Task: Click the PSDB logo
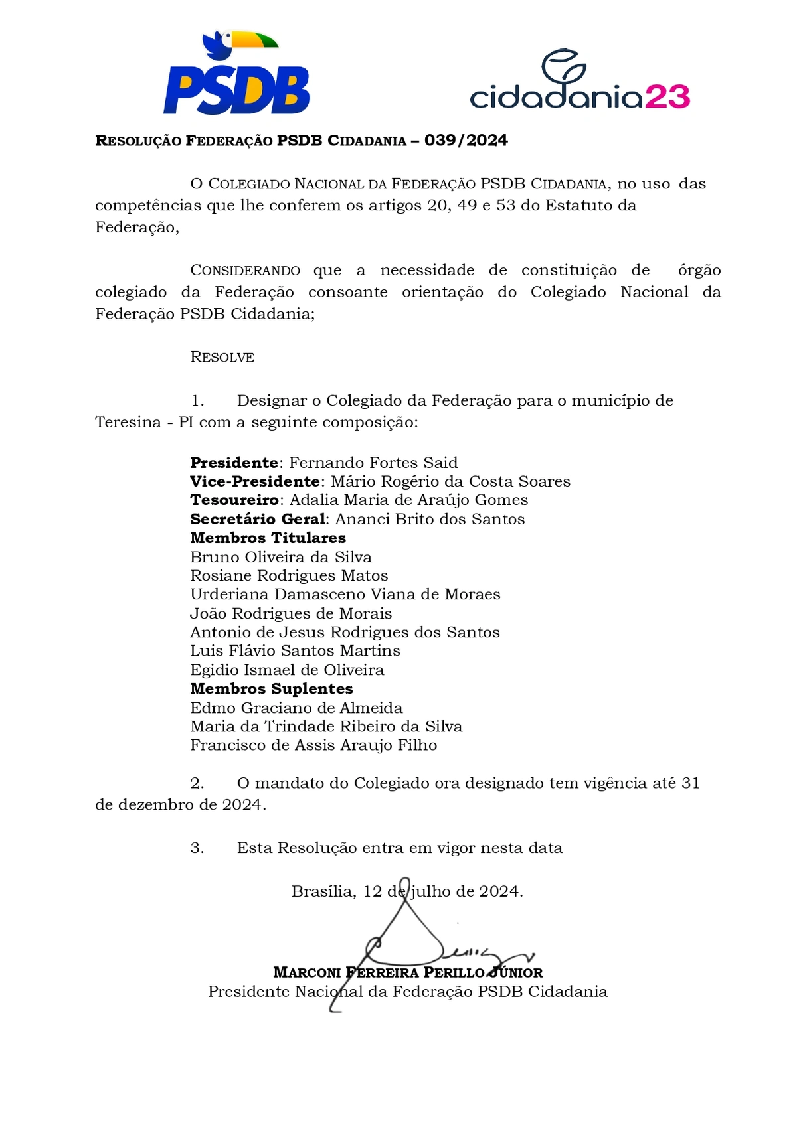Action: point(237,90)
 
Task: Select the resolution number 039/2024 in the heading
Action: point(466,141)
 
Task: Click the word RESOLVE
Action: point(222,357)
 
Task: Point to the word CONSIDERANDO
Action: point(245,271)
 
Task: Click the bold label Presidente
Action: point(234,463)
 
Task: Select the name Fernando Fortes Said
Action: point(373,463)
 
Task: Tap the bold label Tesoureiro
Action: point(234,500)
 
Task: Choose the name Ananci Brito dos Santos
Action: point(430,519)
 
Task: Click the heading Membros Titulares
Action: point(268,538)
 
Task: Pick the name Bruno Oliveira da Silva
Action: point(281,557)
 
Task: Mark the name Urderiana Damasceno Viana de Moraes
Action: point(345,595)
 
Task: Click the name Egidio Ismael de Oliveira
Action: point(287,670)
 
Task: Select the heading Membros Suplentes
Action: point(272,689)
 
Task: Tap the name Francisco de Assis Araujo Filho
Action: point(313,745)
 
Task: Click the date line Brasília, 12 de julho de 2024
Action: point(407,891)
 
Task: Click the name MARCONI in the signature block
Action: point(307,973)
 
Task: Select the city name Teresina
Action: point(128,423)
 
